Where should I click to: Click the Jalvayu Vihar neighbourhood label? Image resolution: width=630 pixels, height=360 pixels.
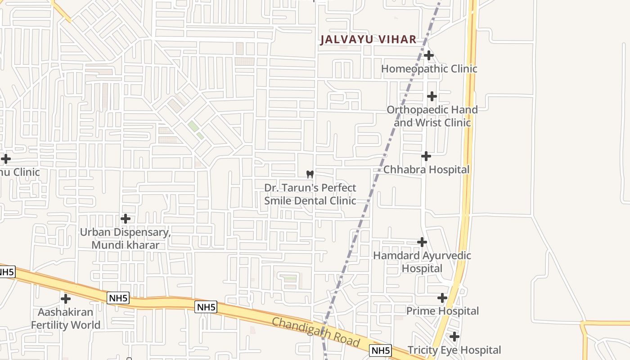click(368, 40)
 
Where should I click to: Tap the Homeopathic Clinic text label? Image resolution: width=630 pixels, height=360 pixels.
click(429, 69)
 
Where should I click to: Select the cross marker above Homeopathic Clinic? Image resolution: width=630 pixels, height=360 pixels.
click(429, 55)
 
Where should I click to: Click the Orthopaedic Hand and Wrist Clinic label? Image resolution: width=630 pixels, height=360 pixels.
click(432, 116)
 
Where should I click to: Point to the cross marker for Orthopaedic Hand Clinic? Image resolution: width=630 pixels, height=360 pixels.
click(432, 96)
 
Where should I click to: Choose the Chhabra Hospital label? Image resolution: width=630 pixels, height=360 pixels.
click(426, 170)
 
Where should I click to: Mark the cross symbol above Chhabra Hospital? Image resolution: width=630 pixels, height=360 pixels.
click(426, 156)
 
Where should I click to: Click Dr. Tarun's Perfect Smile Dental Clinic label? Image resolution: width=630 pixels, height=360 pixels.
click(310, 194)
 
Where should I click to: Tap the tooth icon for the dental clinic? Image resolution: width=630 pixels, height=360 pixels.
click(310, 174)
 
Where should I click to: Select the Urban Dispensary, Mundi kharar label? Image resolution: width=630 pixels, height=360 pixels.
click(126, 238)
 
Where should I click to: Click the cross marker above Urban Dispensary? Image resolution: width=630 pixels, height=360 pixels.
click(126, 219)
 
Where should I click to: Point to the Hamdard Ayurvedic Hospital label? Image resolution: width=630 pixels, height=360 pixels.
click(422, 262)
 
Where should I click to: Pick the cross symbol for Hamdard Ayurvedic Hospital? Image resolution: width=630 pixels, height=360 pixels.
click(422, 242)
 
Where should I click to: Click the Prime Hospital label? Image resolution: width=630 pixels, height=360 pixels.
click(442, 311)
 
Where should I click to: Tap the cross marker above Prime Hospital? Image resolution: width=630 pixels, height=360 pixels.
click(442, 297)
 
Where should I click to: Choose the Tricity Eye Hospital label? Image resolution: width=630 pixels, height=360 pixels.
click(454, 350)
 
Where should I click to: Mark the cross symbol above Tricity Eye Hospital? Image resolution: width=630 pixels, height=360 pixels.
click(454, 336)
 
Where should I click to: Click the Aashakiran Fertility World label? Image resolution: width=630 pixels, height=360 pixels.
click(66, 318)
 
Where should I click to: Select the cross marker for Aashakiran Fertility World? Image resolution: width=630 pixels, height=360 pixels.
click(66, 298)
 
